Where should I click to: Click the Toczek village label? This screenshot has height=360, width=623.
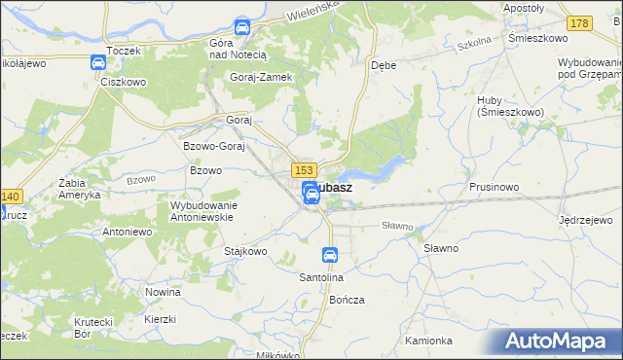tap(125, 50)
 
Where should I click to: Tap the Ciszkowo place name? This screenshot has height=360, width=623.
tap(123, 82)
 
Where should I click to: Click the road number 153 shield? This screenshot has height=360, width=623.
tap(301, 169)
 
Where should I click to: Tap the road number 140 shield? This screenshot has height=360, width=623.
tap(11, 196)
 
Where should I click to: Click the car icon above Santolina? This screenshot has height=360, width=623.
tap(330, 256)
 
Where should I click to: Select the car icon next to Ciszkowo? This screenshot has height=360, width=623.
tap(98, 63)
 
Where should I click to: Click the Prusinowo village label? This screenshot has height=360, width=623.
tap(495, 187)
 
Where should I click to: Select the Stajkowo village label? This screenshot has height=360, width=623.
tap(245, 251)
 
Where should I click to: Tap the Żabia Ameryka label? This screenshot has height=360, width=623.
tap(80, 188)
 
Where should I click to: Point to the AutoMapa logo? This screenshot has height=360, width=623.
tap(560, 342)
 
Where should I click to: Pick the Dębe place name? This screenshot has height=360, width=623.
tap(383, 66)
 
